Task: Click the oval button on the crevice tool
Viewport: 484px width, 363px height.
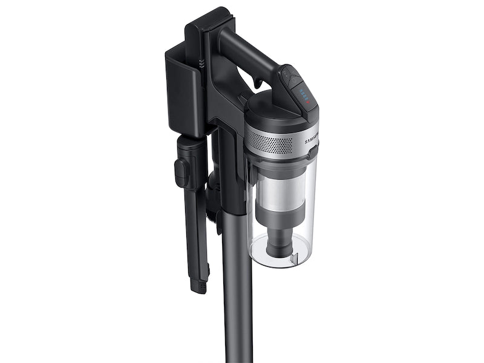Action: tap(181, 172)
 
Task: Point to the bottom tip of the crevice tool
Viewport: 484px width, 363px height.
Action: tap(198, 285)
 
